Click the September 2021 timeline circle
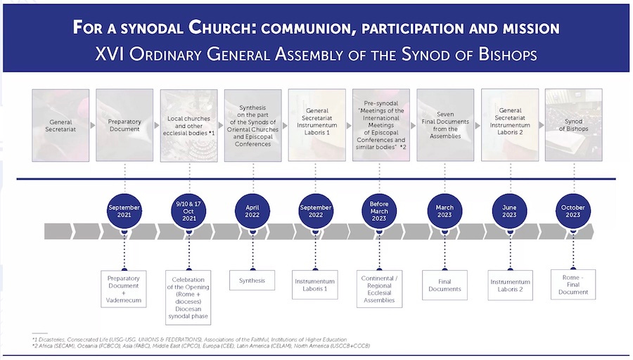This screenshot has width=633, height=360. tap(124, 212)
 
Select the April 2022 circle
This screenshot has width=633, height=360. tap(252, 212)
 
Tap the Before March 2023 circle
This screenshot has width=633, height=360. tap(380, 212)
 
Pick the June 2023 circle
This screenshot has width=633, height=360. tap(509, 212)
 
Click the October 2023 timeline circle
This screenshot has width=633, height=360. tap(573, 212)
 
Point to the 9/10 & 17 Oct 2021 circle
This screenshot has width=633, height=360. tap(188, 212)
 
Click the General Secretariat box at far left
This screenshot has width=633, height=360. tap(60, 125)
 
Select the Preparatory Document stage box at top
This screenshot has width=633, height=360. tap(124, 125)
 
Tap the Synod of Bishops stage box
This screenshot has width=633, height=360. tap(573, 125)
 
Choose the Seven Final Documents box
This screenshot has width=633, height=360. tap(445, 125)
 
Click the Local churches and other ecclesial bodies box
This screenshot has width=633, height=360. tap(188, 125)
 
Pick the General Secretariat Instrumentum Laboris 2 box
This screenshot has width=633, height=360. tap(509, 125)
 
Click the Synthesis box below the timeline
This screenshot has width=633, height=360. tap(252, 281)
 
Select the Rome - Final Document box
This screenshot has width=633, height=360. tap(573, 284)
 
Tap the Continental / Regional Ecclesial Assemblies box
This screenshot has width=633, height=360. tap(380, 288)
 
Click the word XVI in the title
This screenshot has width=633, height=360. tap(109, 55)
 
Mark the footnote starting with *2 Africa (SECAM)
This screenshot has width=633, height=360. tap(201, 346)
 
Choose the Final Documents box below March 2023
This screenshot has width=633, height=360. tap(445, 285)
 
